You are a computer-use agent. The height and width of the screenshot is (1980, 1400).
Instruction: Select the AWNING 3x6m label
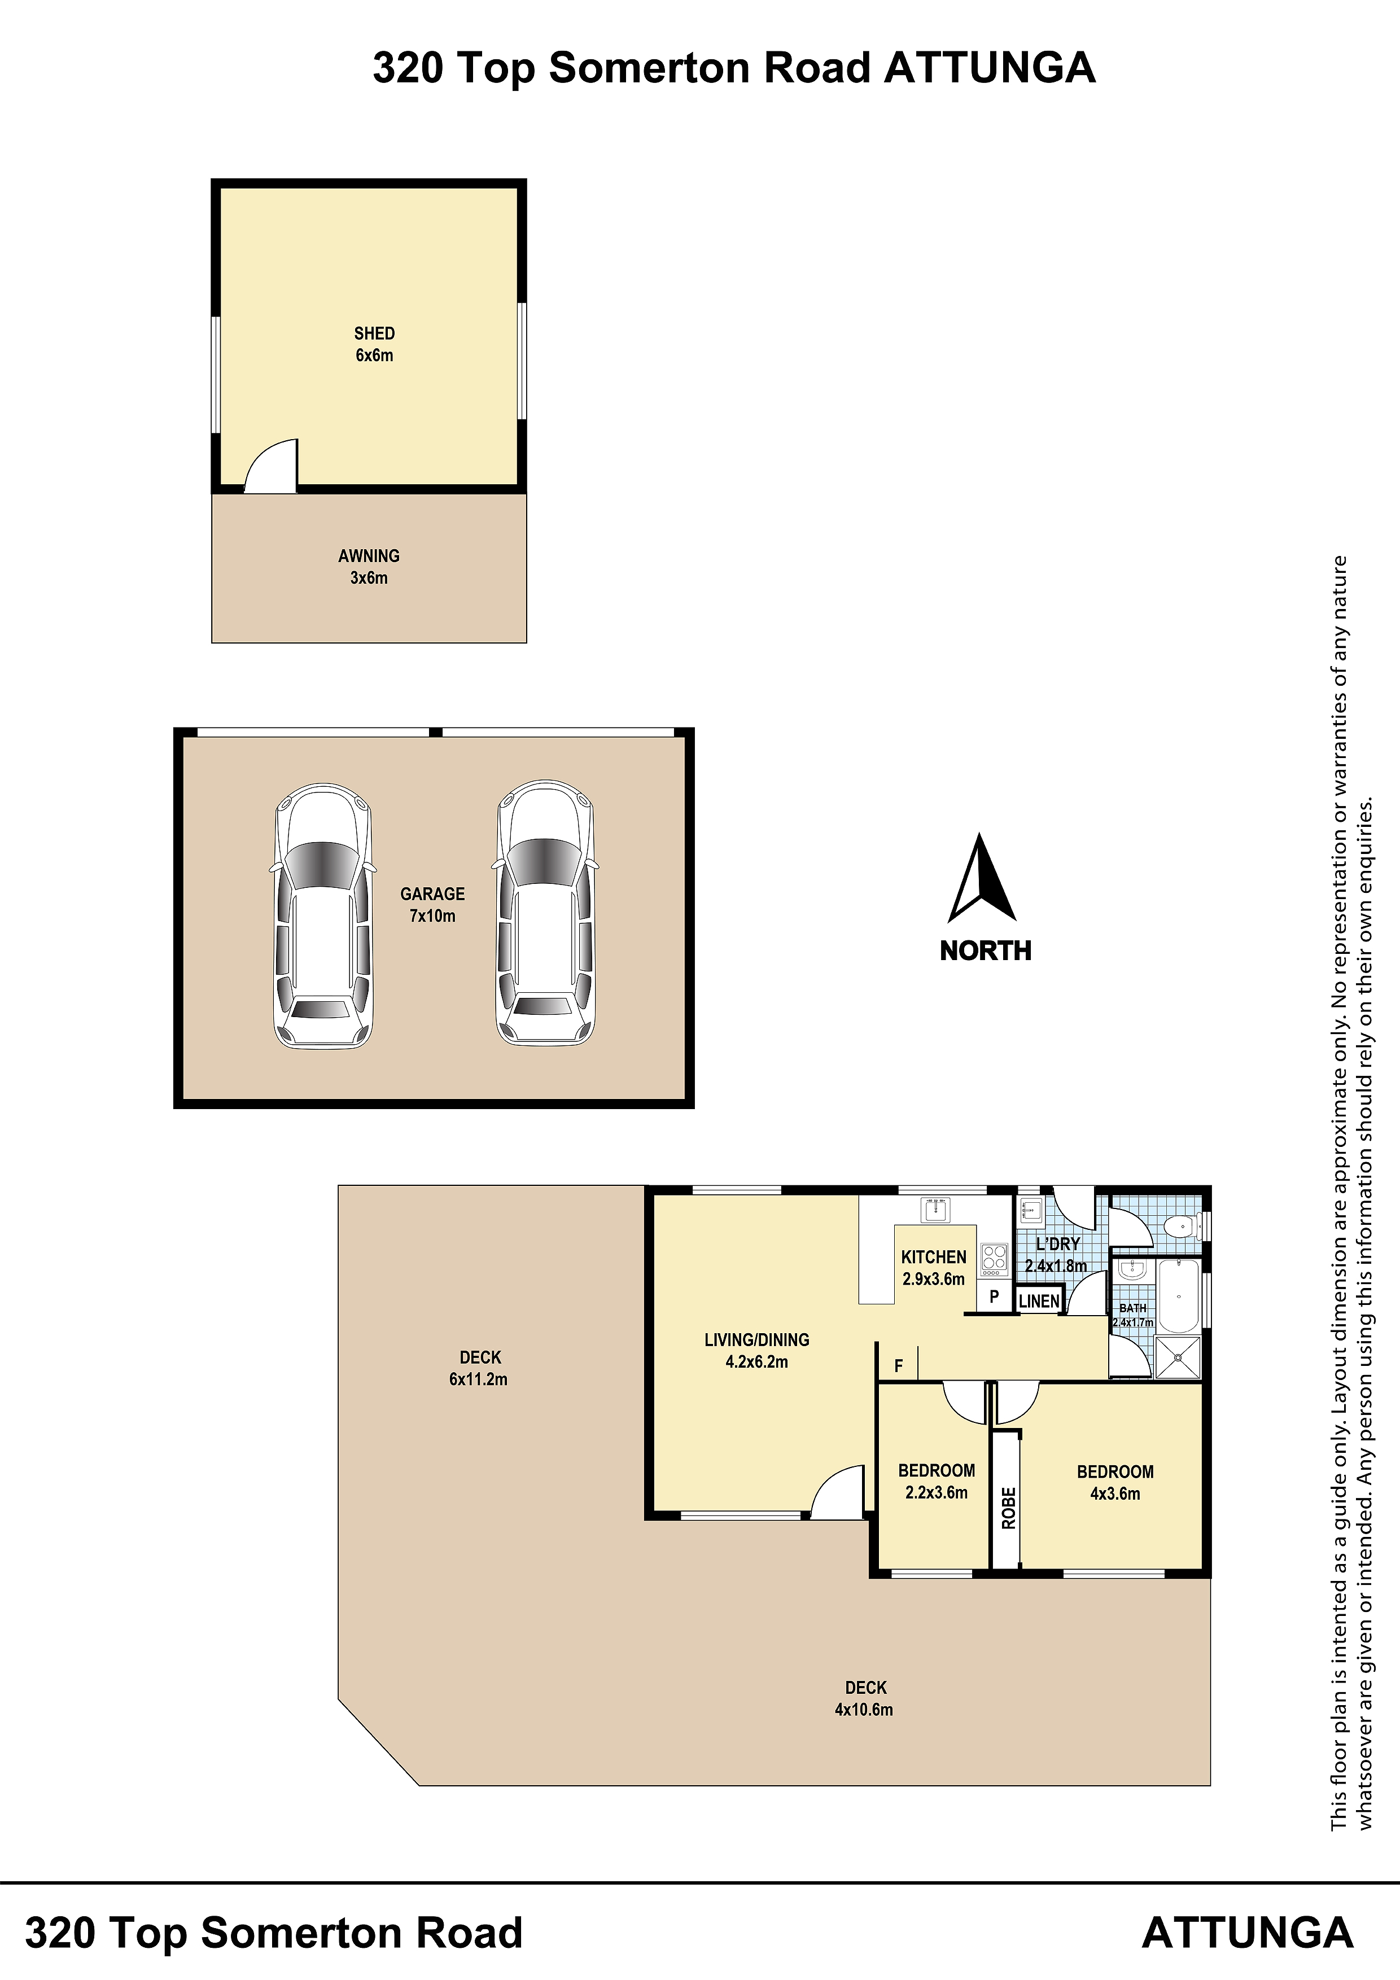tap(369, 567)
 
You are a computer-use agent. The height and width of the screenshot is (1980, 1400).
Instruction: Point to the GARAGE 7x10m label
tap(432, 905)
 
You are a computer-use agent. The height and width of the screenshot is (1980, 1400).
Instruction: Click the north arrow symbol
tap(982, 878)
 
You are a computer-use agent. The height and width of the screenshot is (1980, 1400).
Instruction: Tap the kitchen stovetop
tap(994, 1259)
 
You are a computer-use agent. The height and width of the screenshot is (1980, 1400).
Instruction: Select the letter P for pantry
tap(994, 1296)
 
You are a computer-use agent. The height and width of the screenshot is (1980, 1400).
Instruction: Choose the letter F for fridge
tap(898, 1365)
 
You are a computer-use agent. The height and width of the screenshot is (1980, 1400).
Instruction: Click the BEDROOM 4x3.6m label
tap(1114, 1482)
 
